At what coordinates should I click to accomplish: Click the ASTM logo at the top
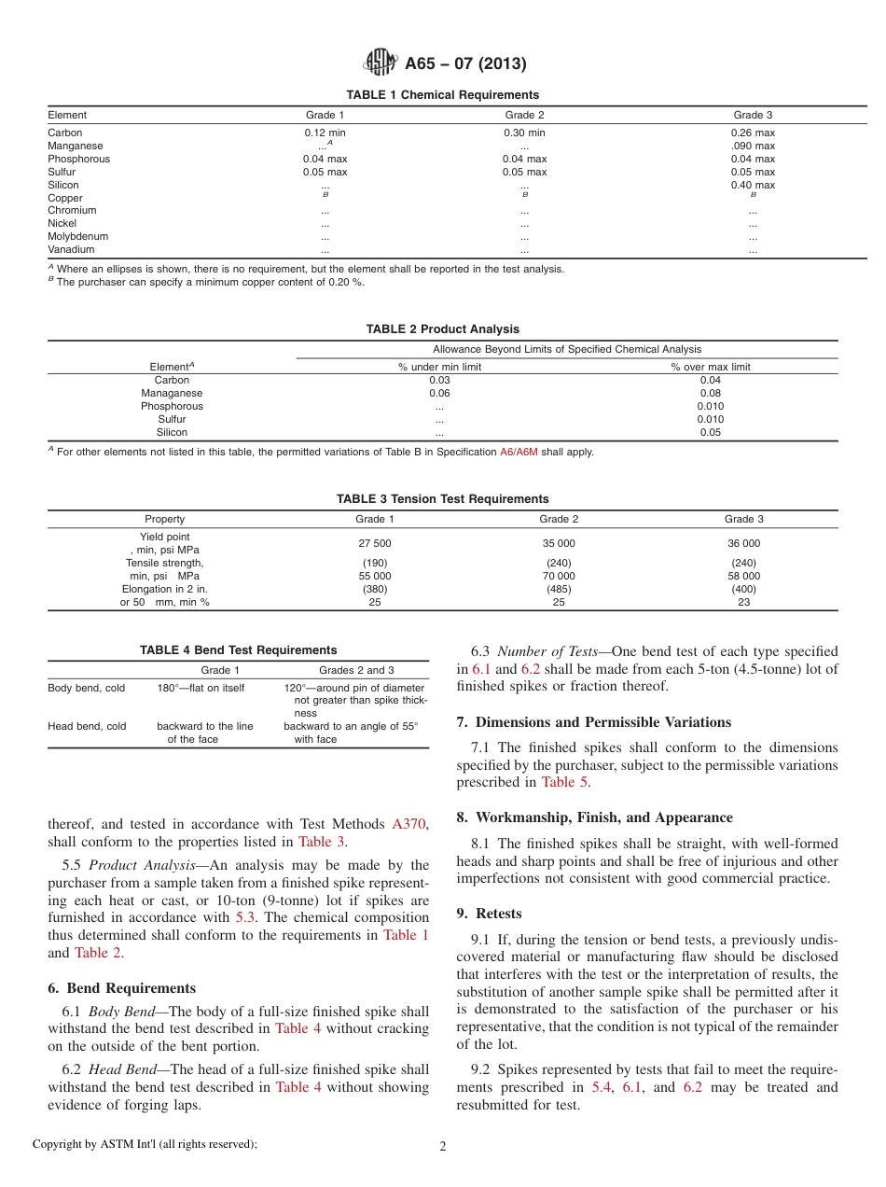380,63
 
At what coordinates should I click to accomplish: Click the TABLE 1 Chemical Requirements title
442,95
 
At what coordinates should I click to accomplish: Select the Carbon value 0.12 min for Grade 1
325,133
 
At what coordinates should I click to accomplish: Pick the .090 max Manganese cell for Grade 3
753,146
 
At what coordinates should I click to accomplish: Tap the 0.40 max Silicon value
753,185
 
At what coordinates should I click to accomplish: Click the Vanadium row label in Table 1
71,250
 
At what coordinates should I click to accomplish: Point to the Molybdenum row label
76,237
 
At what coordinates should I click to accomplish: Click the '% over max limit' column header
710,367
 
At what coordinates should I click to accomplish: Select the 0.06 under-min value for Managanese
439,394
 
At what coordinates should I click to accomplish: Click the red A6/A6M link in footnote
519,452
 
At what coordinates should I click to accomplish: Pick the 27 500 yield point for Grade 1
375,543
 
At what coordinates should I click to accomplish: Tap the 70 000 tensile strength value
559,576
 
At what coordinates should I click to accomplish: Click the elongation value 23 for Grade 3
743,602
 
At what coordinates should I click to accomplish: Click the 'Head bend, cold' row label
87,726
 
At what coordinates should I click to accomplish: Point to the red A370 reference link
408,824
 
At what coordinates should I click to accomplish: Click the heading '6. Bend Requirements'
121,988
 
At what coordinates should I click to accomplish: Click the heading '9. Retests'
489,913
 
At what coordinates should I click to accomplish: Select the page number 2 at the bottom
442,1146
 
